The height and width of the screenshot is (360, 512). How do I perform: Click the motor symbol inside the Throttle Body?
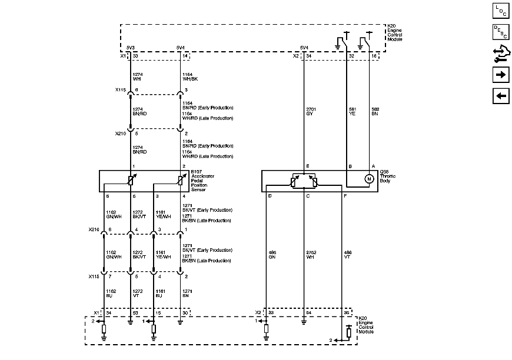(x=369, y=179)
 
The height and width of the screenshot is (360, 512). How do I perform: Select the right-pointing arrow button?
(x=500, y=75)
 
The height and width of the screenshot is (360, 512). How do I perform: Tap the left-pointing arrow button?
(x=500, y=96)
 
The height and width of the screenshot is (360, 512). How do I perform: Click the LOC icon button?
(x=500, y=11)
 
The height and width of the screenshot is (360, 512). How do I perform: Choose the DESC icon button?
(x=500, y=32)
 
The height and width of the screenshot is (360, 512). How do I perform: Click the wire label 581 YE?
(x=352, y=112)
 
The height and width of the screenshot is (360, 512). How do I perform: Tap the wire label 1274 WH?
(x=138, y=77)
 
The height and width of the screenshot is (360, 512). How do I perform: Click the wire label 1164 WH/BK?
(x=189, y=77)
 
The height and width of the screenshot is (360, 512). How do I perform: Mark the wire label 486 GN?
(x=272, y=254)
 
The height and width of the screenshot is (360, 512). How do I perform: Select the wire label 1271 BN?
(x=187, y=293)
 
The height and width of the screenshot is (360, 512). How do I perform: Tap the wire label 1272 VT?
(x=137, y=293)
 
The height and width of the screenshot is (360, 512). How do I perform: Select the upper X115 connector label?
(x=120, y=91)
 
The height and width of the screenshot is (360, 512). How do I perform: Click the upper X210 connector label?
(x=120, y=134)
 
